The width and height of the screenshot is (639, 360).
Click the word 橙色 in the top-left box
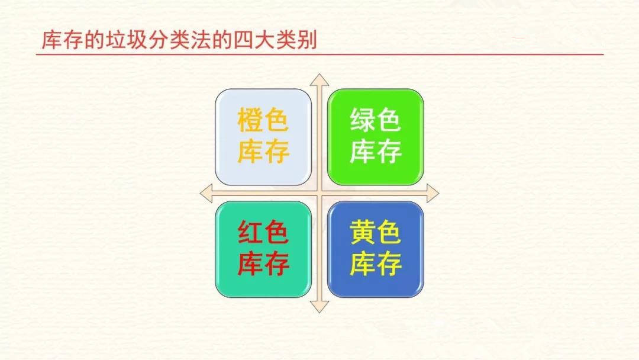click(263, 120)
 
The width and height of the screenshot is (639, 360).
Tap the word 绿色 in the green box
click(375, 120)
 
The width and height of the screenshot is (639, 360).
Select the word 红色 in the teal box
click(263, 232)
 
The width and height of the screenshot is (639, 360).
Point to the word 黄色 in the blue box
click(375, 232)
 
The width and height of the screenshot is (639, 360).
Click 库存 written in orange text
click(263, 151)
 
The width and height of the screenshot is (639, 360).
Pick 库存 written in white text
click(376, 151)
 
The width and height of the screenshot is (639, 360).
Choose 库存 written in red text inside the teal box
click(263, 263)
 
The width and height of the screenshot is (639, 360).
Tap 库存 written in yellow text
click(376, 263)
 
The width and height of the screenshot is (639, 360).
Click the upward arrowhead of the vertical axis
click(319, 80)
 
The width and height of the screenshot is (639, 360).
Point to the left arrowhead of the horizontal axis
click(206, 193)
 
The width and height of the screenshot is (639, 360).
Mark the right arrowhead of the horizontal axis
click(433, 193)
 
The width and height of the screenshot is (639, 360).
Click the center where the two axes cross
click(319, 193)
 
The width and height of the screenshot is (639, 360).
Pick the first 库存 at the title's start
click(62, 40)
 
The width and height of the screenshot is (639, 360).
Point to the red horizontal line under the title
click(319, 54)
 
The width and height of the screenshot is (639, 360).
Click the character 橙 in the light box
click(250, 120)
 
